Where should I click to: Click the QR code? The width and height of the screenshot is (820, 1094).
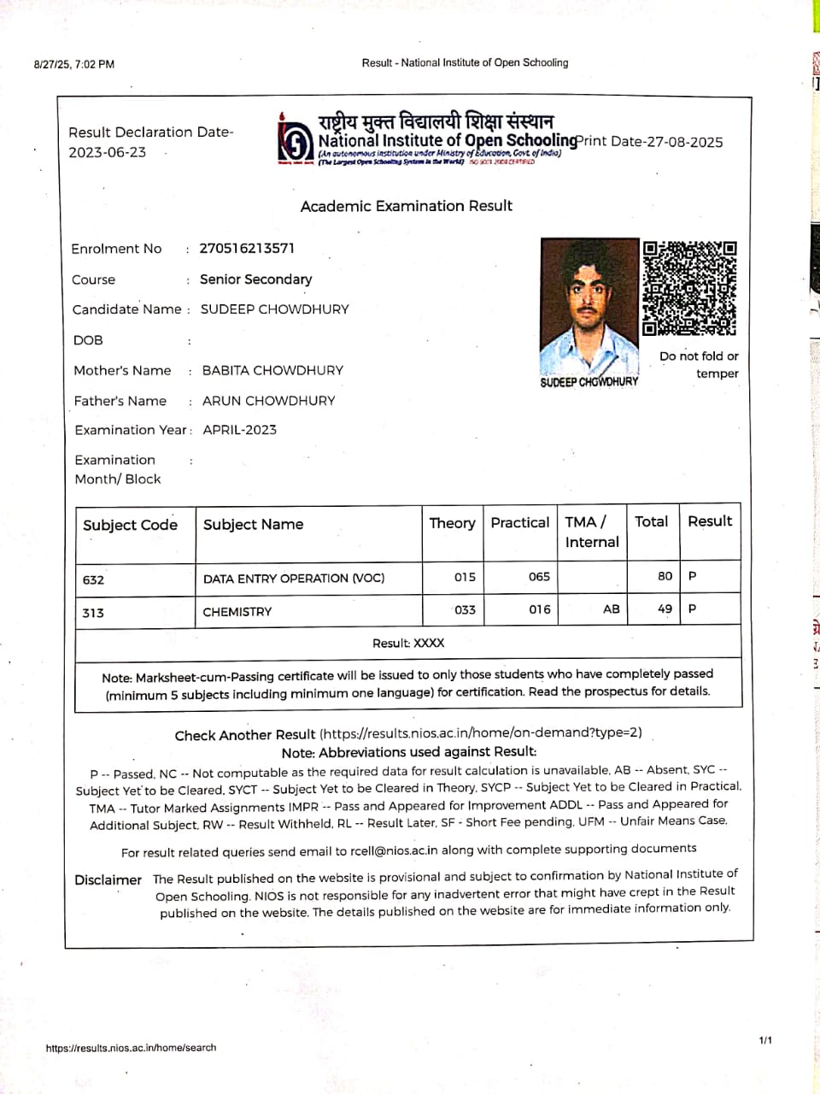[x=689, y=288]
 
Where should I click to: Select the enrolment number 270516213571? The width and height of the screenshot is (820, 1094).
[x=247, y=248]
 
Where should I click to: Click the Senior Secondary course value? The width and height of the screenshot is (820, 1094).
[x=255, y=279]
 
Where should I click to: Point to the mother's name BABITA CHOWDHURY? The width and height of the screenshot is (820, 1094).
[x=272, y=370]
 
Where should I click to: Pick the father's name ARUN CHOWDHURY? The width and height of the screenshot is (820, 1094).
[x=268, y=400]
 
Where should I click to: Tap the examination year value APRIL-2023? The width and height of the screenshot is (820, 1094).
[x=239, y=430]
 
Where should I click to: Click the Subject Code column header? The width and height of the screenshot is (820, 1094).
[x=130, y=525]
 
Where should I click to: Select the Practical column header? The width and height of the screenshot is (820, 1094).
[x=519, y=522]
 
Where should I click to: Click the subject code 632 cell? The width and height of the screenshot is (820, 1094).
[x=94, y=579]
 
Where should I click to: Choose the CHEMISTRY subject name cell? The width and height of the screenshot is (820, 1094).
[x=237, y=612]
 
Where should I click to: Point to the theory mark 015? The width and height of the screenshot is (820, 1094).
[x=465, y=577]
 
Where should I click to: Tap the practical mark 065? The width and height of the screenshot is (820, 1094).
[x=539, y=577]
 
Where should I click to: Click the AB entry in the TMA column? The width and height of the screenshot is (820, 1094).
[x=612, y=609]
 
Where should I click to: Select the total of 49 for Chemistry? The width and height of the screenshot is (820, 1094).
[x=665, y=609]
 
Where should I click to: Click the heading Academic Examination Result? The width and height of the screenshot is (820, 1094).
[x=407, y=206]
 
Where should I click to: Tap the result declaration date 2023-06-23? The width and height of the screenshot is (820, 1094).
[x=108, y=152]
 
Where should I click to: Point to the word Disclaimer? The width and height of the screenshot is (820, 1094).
[x=108, y=879]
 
